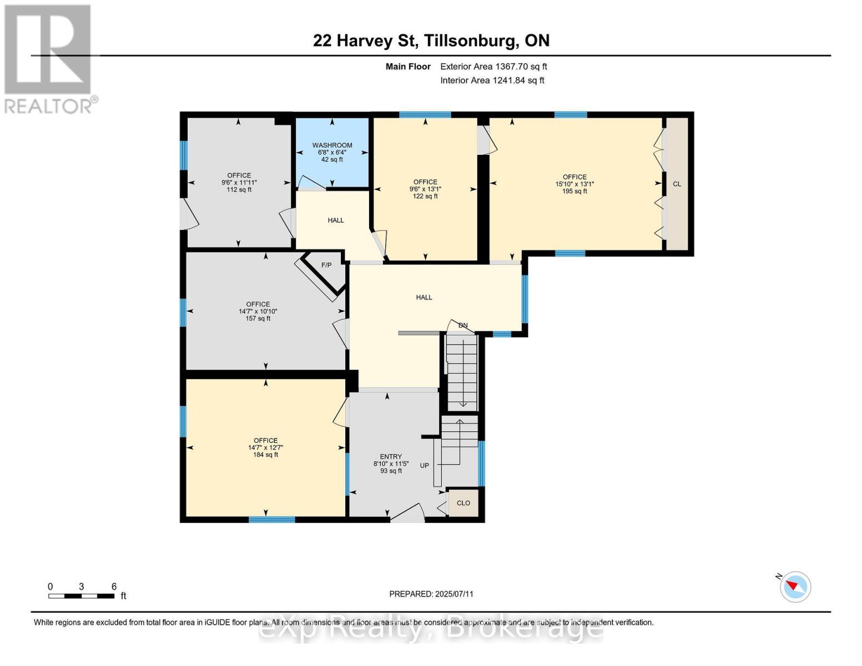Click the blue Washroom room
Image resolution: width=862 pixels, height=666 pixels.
click(x=332, y=153)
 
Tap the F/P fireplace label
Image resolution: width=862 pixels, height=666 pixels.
click(x=326, y=265)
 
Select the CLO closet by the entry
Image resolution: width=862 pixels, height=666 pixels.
click(x=463, y=503)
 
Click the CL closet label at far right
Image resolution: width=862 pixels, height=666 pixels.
click(x=677, y=184)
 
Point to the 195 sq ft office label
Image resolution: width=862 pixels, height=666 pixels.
click(x=574, y=184)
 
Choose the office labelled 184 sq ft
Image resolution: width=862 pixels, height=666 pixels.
click(x=265, y=447)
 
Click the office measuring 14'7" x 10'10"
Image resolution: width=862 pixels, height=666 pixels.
click(x=258, y=311)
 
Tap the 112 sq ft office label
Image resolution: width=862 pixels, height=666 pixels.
click(x=239, y=183)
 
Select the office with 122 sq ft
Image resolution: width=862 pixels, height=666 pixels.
click(x=425, y=189)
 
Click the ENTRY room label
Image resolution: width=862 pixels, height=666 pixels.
click(x=391, y=457)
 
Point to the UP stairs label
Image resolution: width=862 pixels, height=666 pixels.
click(x=424, y=466)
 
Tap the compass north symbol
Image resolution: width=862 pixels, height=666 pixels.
click(x=795, y=586)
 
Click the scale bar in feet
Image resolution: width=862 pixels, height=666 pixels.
click(x=82, y=596)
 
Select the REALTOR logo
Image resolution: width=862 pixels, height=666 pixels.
click(x=49, y=58)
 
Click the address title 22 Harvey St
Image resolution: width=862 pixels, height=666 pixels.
click(x=431, y=41)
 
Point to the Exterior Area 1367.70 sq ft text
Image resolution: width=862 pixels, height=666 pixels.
click(x=493, y=67)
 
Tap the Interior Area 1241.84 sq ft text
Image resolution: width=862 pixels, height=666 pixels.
click(x=492, y=80)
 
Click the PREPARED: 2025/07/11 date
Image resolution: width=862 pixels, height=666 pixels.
click(x=431, y=594)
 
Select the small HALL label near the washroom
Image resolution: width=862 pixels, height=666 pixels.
click(x=335, y=220)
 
